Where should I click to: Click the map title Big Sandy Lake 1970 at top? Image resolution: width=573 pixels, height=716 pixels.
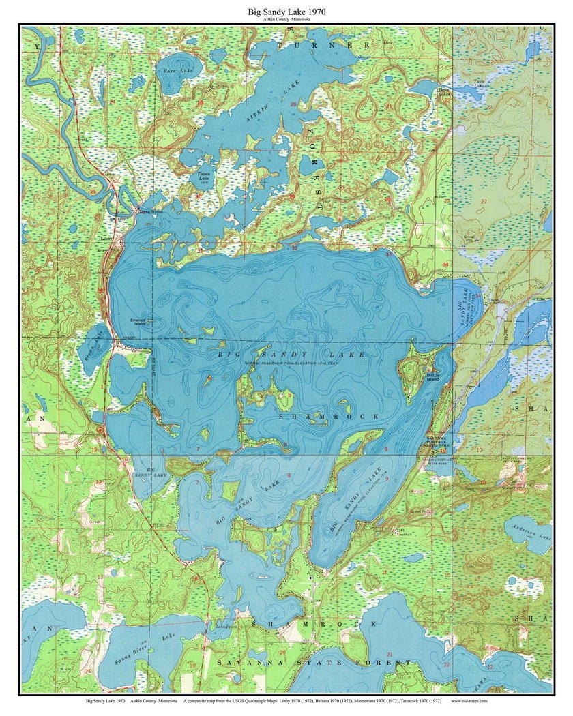pyautogui.click(x=286, y=12)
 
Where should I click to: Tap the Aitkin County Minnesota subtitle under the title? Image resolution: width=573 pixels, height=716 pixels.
pyautogui.click(x=286, y=20)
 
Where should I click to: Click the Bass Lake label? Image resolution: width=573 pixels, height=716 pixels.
pyautogui.click(x=170, y=70)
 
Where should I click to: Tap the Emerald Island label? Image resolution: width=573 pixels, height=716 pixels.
pyautogui.click(x=138, y=321)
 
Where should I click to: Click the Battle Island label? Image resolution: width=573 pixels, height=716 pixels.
pyautogui.click(x=433, y=377)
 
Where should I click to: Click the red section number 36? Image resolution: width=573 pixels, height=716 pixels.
pyautogui.click(x=100, y=291)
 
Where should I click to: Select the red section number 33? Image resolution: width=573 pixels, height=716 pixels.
pyautogui.click(x=388, y=254)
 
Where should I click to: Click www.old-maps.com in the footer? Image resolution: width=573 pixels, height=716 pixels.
pyautogui.click(x=469, y=700)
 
